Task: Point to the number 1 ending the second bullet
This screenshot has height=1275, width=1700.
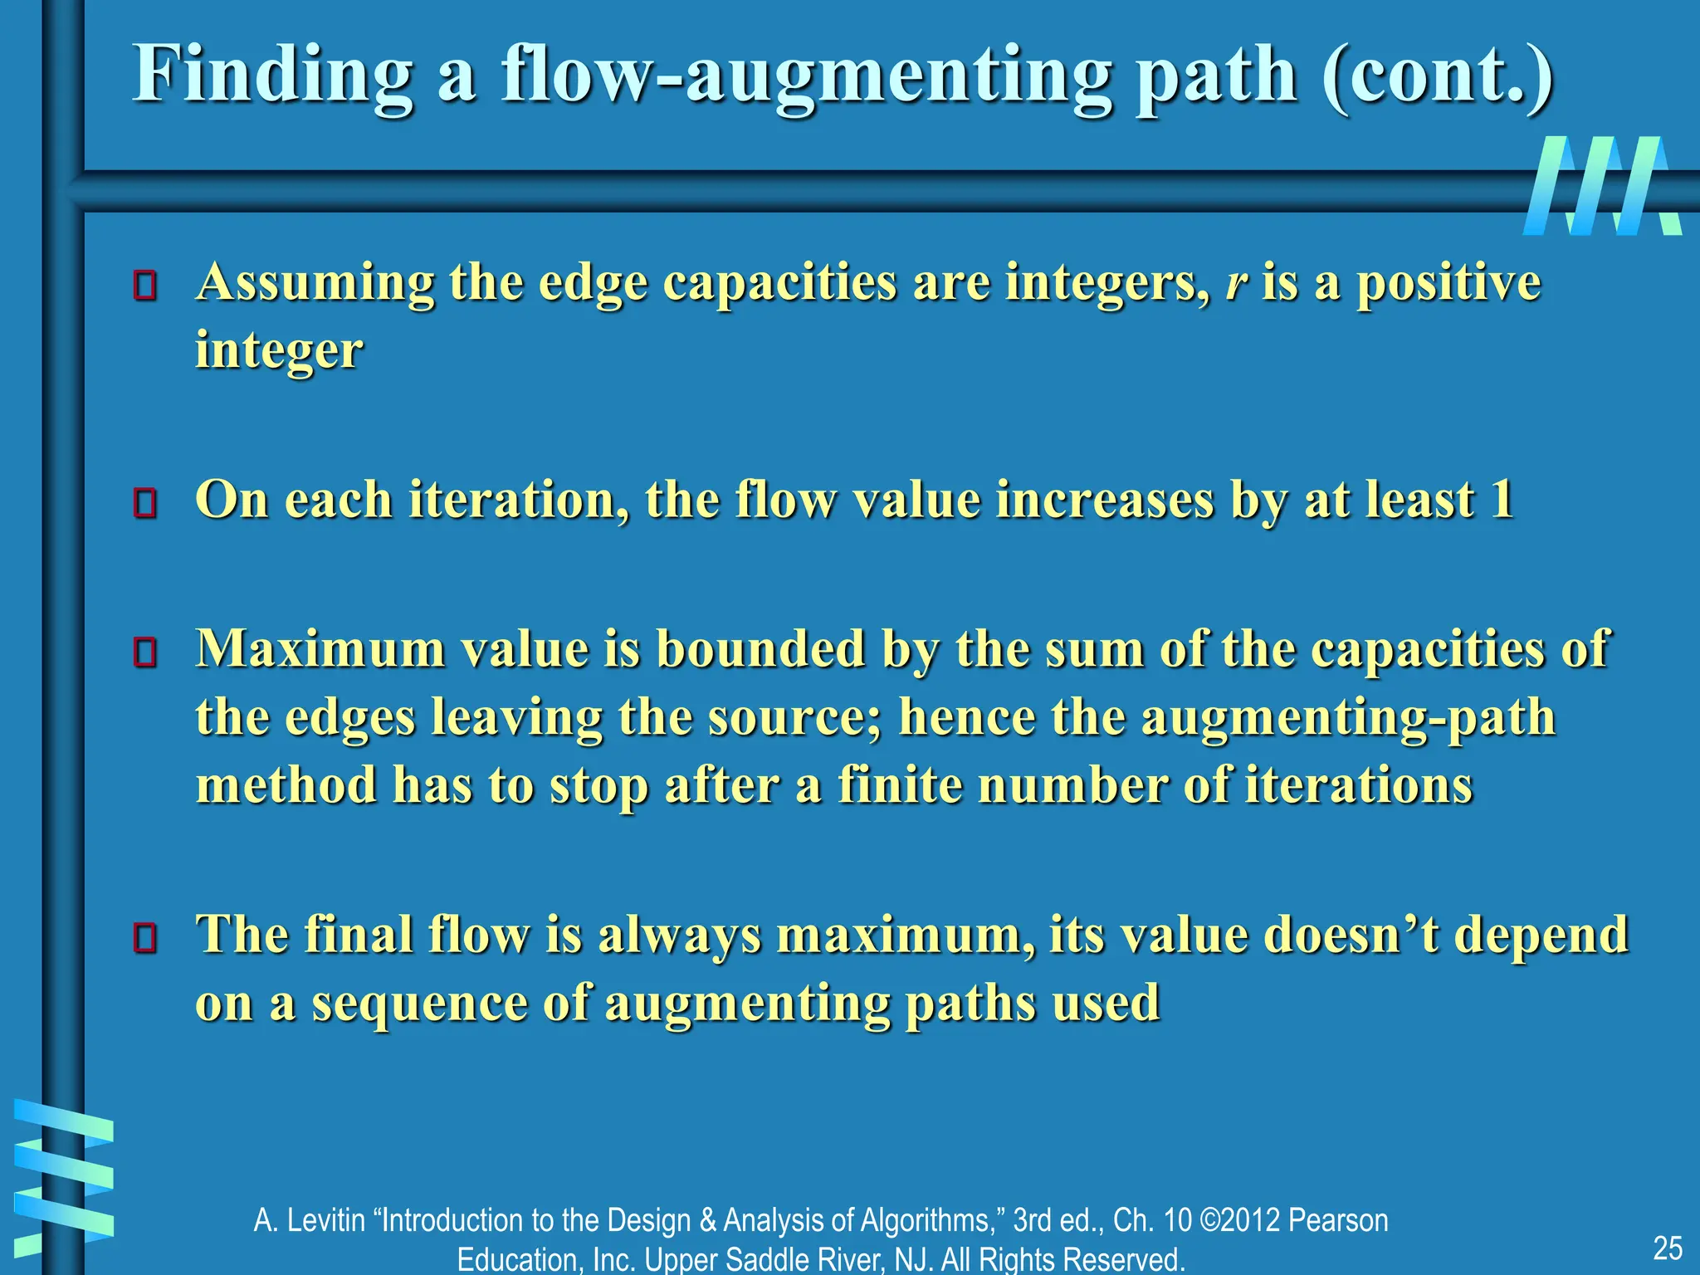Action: click(1502, 501)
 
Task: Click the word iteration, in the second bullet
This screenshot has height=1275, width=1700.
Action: click(518, 501)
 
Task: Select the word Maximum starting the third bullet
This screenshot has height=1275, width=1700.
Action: click(320, 648)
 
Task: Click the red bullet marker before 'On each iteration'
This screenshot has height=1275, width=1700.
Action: click(145, 503)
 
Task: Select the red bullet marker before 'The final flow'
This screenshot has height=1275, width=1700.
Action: click(145, 938)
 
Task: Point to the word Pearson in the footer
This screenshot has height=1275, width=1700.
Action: click(1338, 1221)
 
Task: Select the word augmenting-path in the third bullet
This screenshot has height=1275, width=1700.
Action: click(1348, 717)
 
